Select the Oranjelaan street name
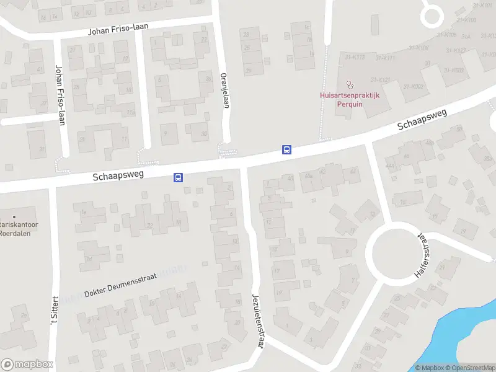tap(226, 91)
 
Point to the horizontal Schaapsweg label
tap(118, 175)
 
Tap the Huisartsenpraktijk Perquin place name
tap(349, 100)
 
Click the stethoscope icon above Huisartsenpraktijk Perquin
tap(349, 84)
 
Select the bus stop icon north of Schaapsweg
tap(286, 149)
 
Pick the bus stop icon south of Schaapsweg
tap(178, 177)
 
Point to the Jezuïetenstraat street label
tap(257, 321)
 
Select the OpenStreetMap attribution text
tap(468, 368)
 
